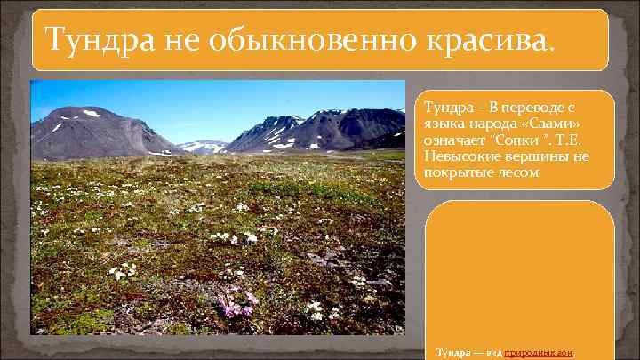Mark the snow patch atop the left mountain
tap(91, 114)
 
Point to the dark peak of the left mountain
tap(80, 110)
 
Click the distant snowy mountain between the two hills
tap(203, 144)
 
